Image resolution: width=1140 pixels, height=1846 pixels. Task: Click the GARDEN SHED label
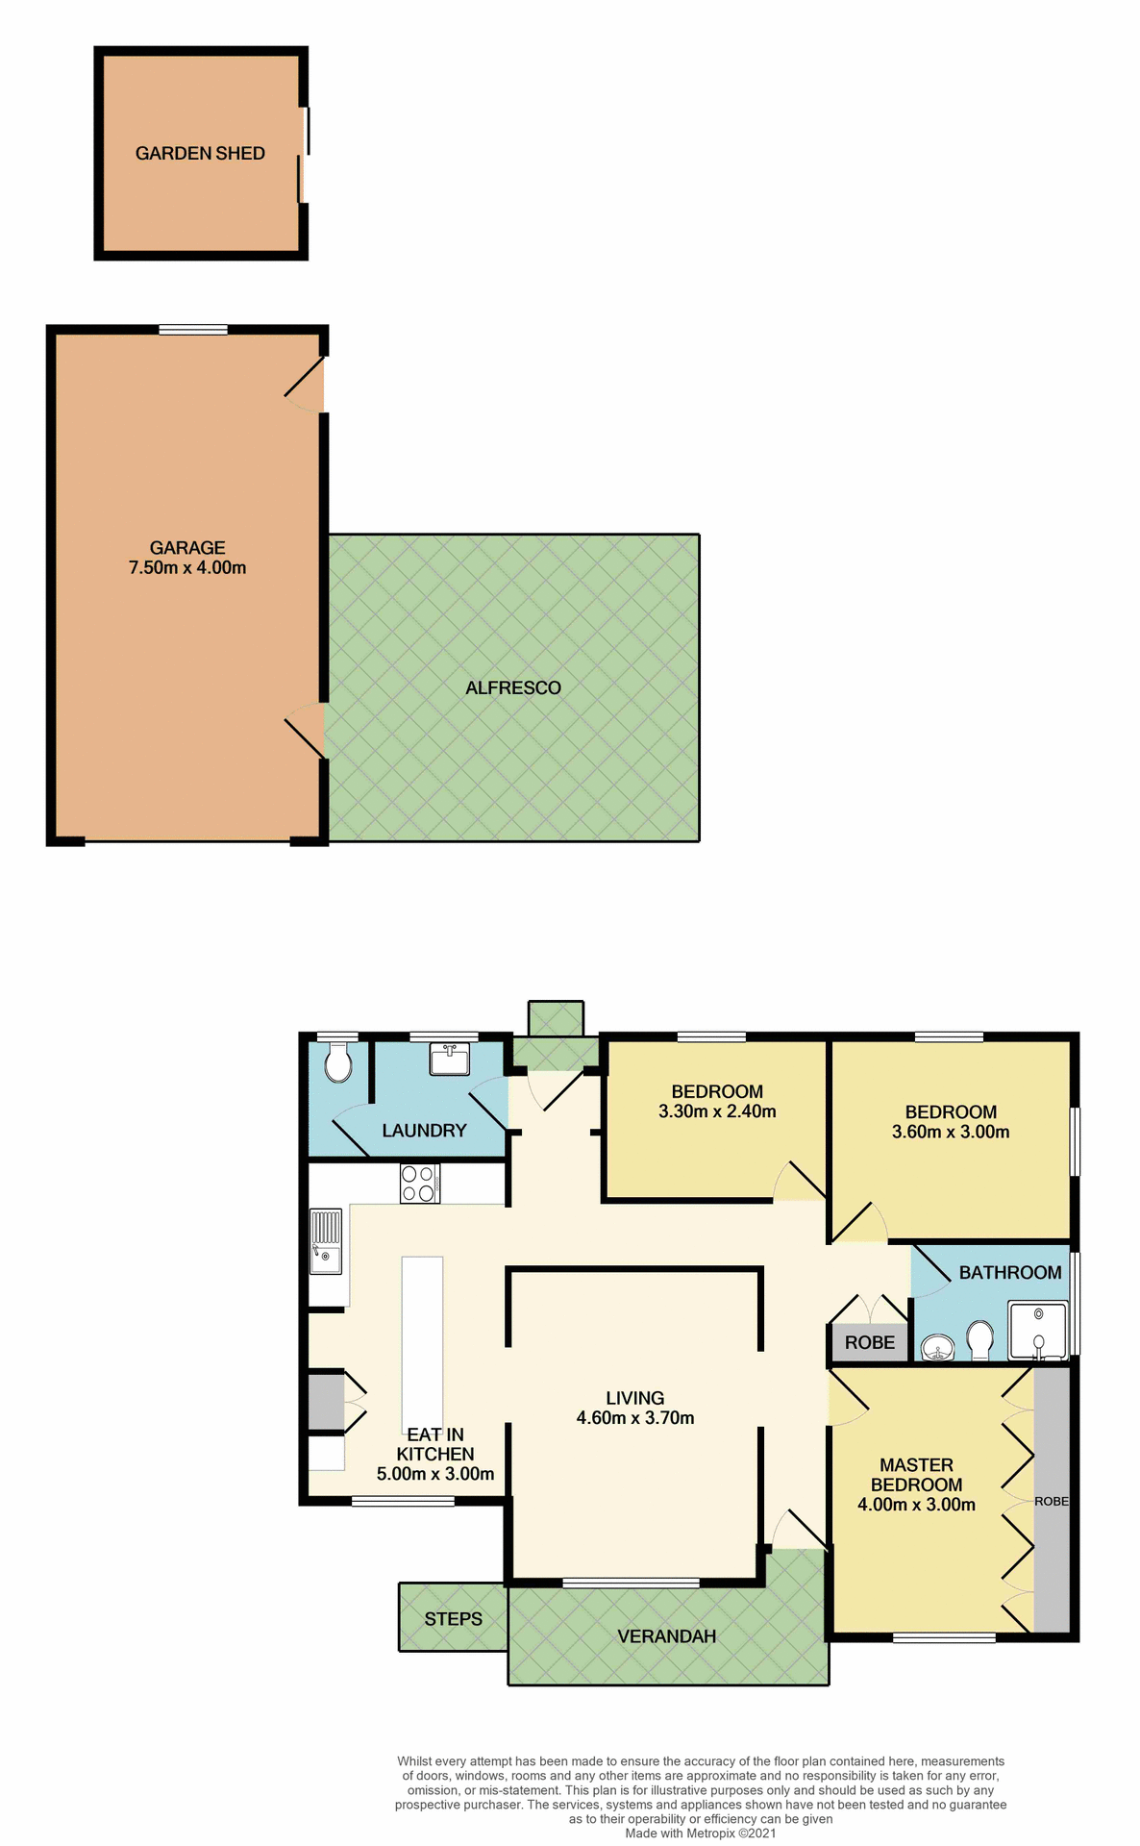coord(200,154)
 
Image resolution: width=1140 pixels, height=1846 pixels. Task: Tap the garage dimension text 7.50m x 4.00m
coord(187,568)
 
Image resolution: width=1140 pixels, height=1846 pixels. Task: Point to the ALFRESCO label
coord(512,688)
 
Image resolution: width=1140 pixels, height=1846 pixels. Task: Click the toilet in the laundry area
coord(337,1064)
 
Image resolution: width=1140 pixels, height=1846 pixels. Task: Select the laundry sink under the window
coord(449,1060)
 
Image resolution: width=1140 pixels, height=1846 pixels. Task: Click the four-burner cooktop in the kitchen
coord(420,1184)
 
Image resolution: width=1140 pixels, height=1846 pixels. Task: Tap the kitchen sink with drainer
coord(326,1242)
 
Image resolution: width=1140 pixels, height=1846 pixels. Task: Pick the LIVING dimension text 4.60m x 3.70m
coord(635,1418)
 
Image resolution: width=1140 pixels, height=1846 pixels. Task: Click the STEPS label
coord(453,1619)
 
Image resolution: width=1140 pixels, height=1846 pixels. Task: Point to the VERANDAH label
coord(666,1636)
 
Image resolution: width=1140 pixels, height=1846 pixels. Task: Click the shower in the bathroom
coord(1037,1331)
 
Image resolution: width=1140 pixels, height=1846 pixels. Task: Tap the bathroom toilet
coord(979,1339)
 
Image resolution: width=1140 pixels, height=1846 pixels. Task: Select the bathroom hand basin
coord(936,1348)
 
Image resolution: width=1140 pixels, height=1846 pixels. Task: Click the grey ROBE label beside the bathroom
coord(869,1343)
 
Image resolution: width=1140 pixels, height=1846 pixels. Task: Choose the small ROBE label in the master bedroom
coord(1051,1502)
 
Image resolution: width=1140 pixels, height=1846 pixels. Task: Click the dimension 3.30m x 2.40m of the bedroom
coord(717,1112)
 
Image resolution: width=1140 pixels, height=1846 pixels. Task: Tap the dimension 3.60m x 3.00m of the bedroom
coord(951,1133)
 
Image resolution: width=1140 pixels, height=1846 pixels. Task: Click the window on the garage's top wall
coord(193,330)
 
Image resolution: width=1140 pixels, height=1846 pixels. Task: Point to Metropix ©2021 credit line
coord(700,1834)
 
